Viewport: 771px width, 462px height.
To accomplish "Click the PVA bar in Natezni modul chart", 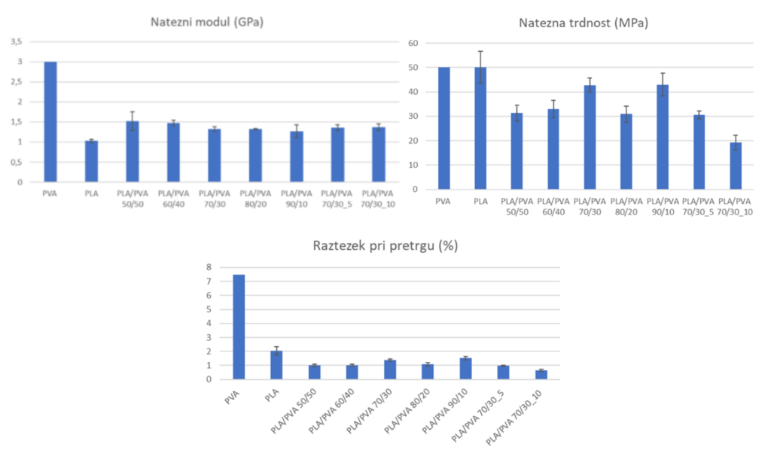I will [50, 121].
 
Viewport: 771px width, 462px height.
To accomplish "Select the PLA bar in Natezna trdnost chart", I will [480, 128].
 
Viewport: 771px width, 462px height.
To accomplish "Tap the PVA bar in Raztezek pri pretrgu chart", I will [239, 327].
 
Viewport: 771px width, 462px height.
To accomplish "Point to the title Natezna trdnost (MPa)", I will [584, 23].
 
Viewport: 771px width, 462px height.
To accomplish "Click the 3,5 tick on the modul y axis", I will [15, 41].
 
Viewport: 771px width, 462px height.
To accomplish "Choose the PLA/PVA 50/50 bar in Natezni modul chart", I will [132, 151].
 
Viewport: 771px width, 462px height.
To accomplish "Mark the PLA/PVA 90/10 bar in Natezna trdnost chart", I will [663, 137].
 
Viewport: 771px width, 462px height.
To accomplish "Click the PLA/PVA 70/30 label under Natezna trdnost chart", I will [590, 205].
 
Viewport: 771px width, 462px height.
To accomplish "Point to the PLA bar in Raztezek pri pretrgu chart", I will [276, 365].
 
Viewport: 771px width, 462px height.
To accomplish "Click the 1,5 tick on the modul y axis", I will [15, 122].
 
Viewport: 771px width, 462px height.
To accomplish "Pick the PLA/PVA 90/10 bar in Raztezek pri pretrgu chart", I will [465, 369].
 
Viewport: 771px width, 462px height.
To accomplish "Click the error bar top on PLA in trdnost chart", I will [480, 52].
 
